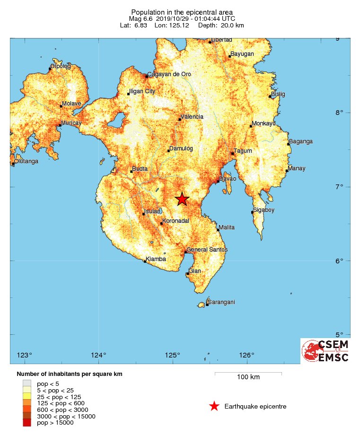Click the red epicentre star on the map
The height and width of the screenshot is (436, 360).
pyautogui.click(x=182, y=199)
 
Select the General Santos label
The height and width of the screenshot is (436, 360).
pyautogui.click(x=207, y=249)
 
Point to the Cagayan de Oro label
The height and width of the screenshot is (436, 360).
pyautogui.click(x=169, y=74)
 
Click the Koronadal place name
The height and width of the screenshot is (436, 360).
pyautogui.click(x=176, y=221)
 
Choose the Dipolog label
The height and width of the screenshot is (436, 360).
pyautogui.click(x=61, y=66)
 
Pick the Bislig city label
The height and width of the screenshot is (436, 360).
pyautogui.click(x=278, y=94)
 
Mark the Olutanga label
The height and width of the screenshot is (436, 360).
pyautogui.click(x=26, y=161)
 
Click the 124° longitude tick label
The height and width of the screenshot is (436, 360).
pyautogui.click(x=98, y=355)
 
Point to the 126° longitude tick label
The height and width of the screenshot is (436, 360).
pyautogui.click(x=246, y=355)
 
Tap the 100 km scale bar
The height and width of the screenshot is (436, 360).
pyautogui.click(x=248, y=374)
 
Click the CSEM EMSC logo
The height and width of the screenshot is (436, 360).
pyautogui.click(x=325, y=351)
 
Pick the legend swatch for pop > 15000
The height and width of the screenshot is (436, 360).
pyautogui.click(x=27, y=422)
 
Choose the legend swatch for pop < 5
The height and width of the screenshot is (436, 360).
pyautogui.click(x=27, y=384)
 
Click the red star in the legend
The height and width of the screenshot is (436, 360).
pyautogui.click(x=214, y=406)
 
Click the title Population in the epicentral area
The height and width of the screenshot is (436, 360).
pyautogui.click(x=182, y=11)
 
